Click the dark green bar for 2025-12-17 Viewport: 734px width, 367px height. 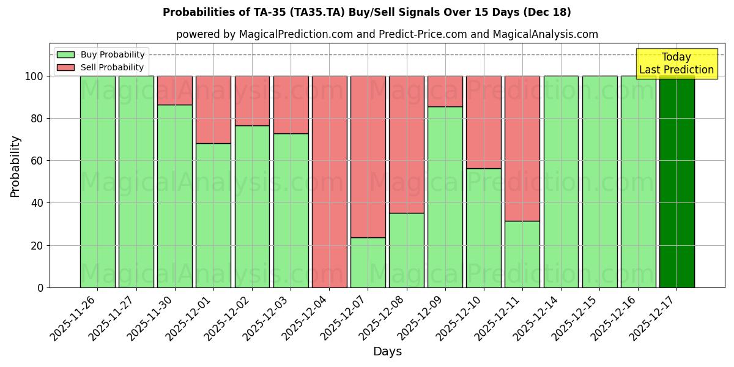pos(677,182)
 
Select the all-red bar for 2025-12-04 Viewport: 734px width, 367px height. pos(329,182)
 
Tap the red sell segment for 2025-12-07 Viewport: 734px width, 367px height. pos(368,157)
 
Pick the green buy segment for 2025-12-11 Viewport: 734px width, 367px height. pos(522,254)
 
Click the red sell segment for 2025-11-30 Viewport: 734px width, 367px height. pos(175,91)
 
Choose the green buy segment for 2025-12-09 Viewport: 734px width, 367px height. pos(445,197)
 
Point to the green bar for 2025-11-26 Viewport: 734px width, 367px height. pos(97,182)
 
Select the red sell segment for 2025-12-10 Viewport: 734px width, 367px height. pos(484,122)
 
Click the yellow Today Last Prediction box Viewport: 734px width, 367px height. pos(677,64)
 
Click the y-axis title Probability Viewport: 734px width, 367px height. pos(15,166)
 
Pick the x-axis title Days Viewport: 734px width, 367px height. pos(387,352)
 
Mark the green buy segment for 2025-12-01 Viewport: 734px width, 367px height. pos(213,215)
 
